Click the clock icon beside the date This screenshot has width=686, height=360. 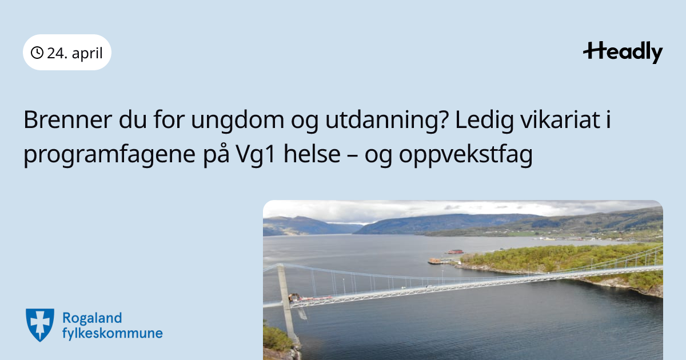pyautogui.click(x=37, y=53)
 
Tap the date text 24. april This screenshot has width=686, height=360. pyautogui.click(x=75, y=53)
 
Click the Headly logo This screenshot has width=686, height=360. pyautogui.click(x=623, y=53)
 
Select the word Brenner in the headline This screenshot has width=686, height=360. pyautogui.click(x=67, y=119)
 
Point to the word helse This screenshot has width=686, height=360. pyautogui.click(x=312, y=153)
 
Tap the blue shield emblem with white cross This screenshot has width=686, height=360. pyautogui.click(x=40, y=325)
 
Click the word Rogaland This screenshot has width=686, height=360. pyautogui.click(x=92, y=319)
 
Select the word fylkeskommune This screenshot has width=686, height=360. pyautogui.click(x=113, y=333)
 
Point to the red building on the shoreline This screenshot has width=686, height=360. pyautogui.click(x=455, y=251)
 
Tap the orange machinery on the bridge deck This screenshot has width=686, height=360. pyautogui.click(x=294, y=297)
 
